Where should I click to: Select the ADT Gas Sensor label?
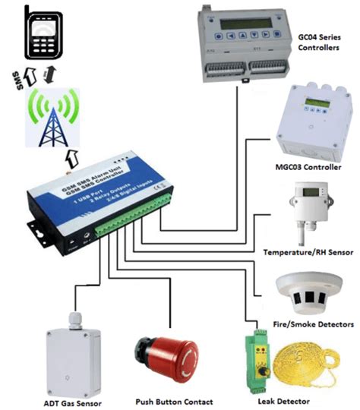point(73,401)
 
